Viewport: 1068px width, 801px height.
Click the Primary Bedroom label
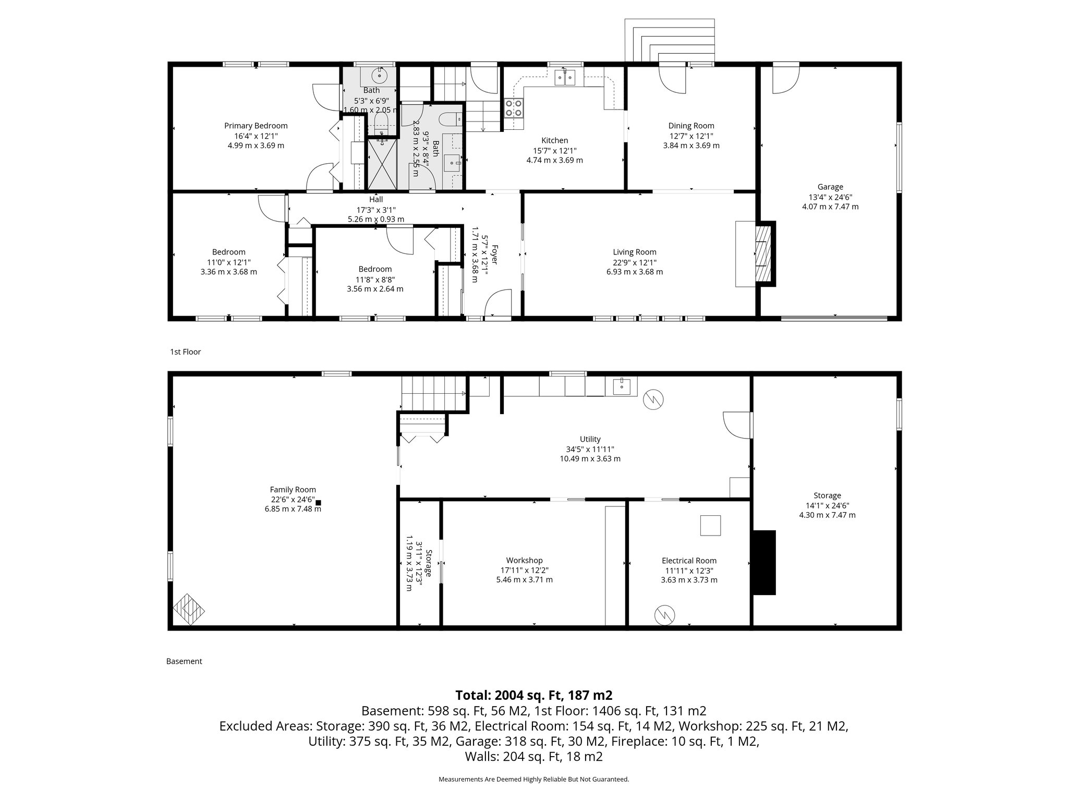pyautogui.click(x=256, y=126)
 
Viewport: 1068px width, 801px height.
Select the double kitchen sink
pyautogui.click(x=565, y=77)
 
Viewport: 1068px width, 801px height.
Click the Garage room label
pyautogui.click(x=830, y=187)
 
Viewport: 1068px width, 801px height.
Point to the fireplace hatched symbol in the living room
pyautogui.click(x=763, y=254)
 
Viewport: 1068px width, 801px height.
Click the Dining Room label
pyautogui.click(x=691, y=126)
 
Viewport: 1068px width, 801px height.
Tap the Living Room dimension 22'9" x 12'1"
pyautogui.click(x=634, y=262)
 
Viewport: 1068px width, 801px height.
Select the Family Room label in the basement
pyautogui.click(x=293, y=490)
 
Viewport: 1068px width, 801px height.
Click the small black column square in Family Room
pyautogui.click(x=318, y=503)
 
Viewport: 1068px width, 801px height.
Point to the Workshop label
pyautogui.click(x=524, y=561)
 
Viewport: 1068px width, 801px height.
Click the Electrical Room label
pyautogui.click(x=689, y=561)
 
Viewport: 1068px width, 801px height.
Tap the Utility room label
pyautogui.click(x=590, y=439)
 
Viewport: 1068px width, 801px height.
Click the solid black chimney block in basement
pyautogui.click(x=763, y=562)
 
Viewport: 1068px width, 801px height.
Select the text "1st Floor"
pyautogui.click(x=185, y=352)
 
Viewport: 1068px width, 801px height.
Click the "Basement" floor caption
pyautogui.click(x=184, y=661)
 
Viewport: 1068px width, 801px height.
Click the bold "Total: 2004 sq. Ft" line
pyautogui.click(x=533, y=695)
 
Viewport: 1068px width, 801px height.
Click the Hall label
pyautogui.click(x=376, y=199)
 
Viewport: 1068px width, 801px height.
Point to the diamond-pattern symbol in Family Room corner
pyautogui.click(x=189, y=609)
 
